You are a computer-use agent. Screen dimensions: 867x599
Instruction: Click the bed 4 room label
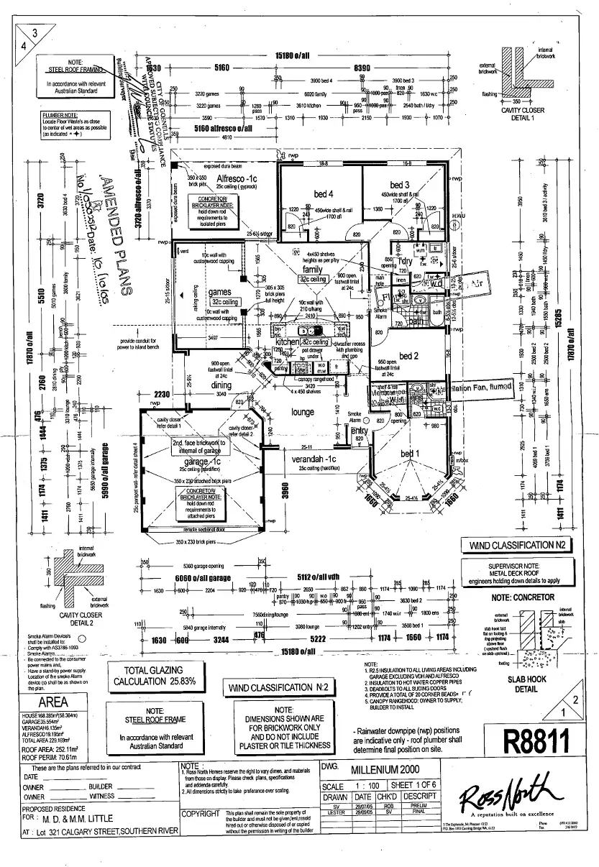pos(323,193)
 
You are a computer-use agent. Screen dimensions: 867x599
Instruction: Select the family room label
pos(312,269)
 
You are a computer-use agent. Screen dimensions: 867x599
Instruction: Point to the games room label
pos(219,292)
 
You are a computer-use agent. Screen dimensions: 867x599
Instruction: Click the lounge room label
pos(302,412)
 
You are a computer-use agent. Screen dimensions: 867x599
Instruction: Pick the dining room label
pos(221,385)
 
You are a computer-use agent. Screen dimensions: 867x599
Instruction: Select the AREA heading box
pos(53,702)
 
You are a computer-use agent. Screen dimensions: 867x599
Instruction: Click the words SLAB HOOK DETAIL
pos(526,684)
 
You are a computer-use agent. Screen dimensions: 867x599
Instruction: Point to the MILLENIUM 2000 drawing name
pos(390,769)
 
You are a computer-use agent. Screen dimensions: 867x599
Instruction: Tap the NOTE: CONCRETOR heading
pos(523,597)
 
